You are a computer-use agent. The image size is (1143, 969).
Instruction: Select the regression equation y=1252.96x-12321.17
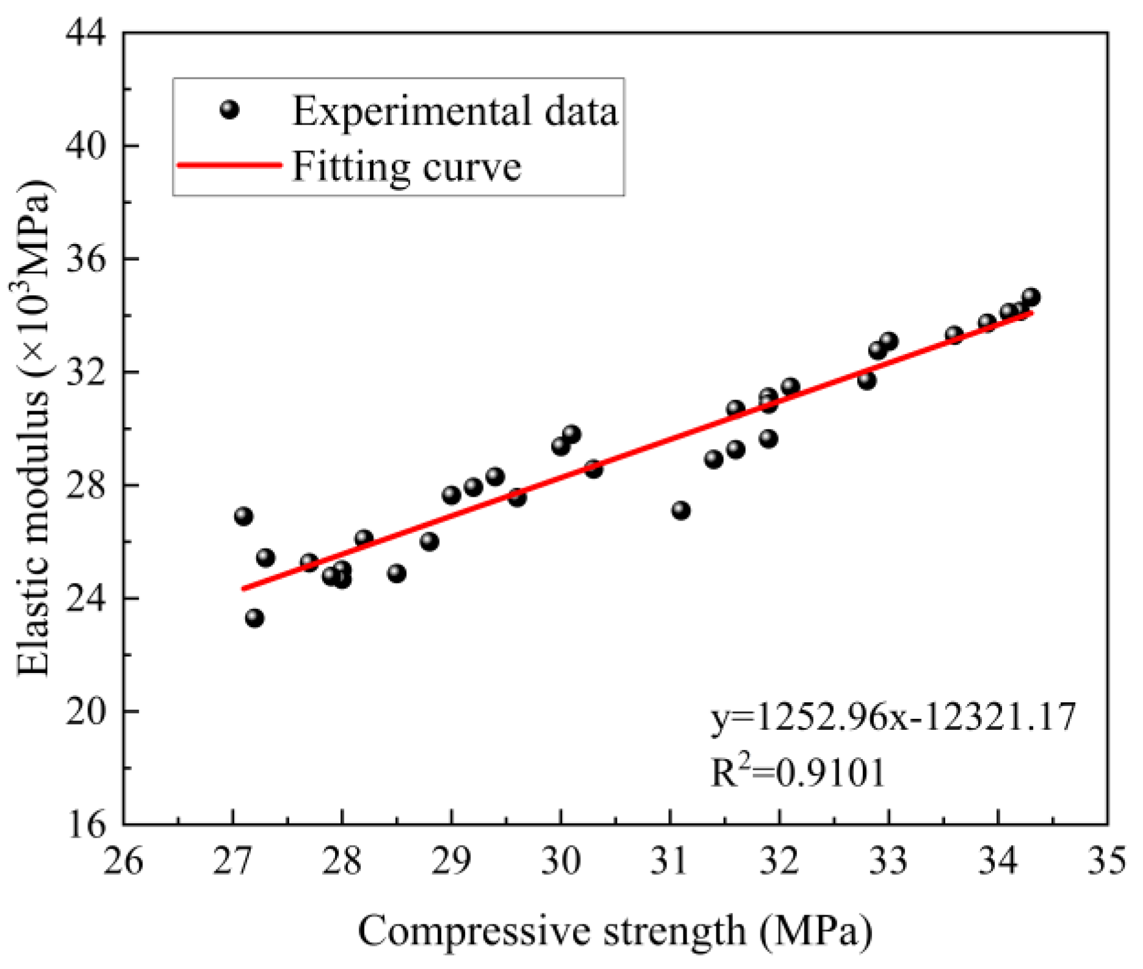893,716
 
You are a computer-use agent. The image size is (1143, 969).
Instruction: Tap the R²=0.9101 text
798,773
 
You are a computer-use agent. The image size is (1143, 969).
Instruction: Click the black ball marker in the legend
229,110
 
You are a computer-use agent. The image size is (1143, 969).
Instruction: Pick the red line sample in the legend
229,165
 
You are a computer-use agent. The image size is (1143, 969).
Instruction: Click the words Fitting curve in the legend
407,166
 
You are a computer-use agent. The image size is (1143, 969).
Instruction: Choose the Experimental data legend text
455,111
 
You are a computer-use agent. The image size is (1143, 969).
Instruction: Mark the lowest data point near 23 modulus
254,618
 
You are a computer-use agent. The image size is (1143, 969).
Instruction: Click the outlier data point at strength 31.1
681,510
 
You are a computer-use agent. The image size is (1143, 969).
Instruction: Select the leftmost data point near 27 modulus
243,516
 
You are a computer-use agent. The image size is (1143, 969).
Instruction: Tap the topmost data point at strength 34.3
1031,297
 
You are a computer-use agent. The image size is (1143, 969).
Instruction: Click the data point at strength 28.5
397,574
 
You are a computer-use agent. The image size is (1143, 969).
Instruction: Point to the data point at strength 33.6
954,334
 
